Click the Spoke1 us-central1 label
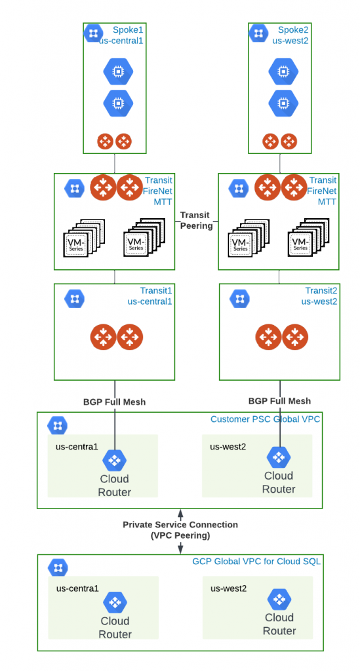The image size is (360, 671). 122,35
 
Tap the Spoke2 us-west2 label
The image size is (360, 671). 290,35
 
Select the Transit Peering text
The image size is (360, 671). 197,220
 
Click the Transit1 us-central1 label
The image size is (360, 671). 150,296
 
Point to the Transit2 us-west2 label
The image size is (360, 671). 319,296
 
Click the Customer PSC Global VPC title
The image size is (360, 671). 265,419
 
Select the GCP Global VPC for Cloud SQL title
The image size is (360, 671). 256,562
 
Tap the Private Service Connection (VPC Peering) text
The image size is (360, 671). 180,529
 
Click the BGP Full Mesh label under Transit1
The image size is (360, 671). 114,402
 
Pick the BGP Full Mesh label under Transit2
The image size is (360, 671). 279,401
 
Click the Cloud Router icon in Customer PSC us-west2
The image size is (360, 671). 279,457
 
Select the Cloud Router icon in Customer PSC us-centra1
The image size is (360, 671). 114,461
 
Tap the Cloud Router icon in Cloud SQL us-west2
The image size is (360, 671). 279,599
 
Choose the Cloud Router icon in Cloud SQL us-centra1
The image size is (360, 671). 115,603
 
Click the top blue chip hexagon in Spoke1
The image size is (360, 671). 118,71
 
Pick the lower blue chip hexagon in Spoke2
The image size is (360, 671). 283,103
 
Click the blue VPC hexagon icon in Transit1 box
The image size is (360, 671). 75,299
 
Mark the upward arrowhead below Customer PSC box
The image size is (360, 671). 180,512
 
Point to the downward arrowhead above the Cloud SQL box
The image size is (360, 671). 180,548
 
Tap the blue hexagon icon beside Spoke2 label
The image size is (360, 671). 258,33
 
